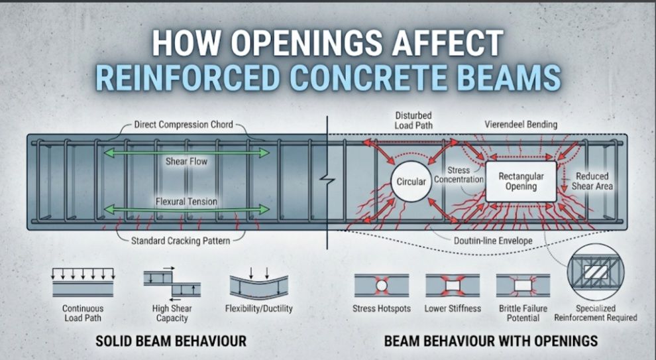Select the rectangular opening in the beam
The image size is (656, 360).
pos(521,182)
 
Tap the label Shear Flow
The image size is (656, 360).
pos(186,162)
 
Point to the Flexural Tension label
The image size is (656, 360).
pos(186,202)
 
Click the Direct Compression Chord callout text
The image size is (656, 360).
pos(184,125)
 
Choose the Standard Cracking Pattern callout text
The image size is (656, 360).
pos(180,241)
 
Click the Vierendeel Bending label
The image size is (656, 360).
pos(521,125)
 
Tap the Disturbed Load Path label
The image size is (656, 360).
pos(413,120)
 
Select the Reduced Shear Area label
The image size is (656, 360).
pos(592,181)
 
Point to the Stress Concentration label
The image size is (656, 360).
pos(459,174)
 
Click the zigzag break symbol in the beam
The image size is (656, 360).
pos(327,180)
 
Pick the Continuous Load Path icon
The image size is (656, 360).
pos(83,282)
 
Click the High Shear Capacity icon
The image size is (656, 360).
pos(172,284)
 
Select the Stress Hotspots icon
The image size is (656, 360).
pos(382,286)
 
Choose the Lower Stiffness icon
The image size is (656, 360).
pos(453,286)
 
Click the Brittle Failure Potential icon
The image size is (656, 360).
pos(523,286)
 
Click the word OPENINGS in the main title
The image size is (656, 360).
pos(306,42)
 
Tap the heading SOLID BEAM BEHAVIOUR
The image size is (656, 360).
pos(171,341)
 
